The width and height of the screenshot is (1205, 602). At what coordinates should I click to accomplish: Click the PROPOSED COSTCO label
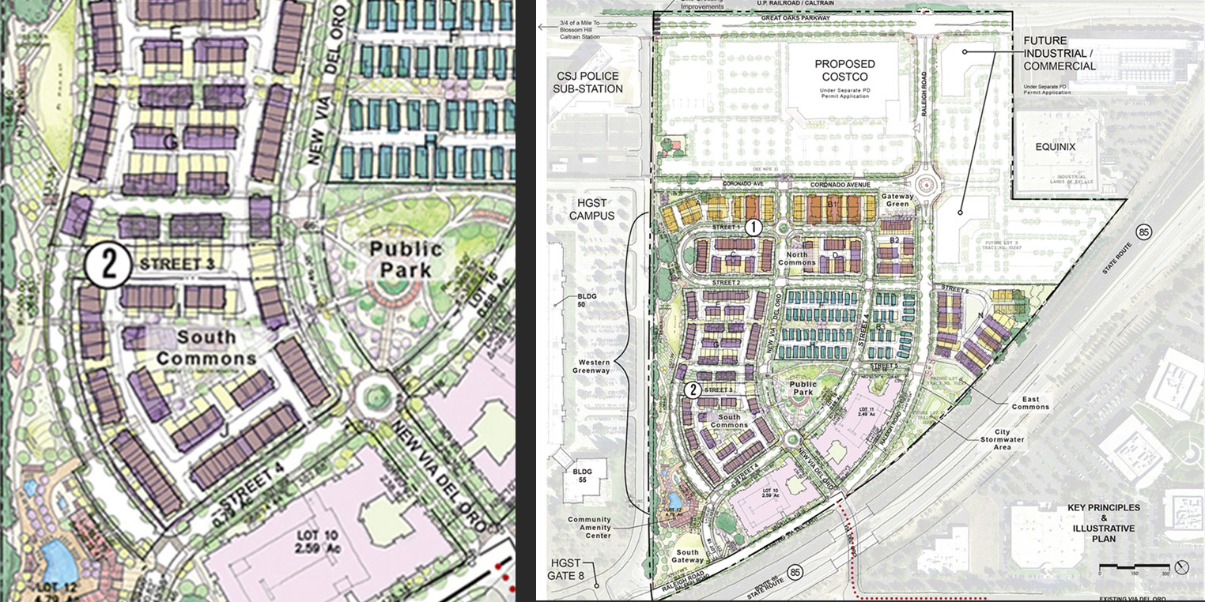coord(845,70)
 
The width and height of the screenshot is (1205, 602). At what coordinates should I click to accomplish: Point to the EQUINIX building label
coord(1057,146)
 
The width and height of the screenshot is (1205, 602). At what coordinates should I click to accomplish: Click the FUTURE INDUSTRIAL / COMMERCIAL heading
coord(1060,53)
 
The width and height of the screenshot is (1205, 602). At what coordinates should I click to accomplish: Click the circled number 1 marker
coord(754,228)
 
